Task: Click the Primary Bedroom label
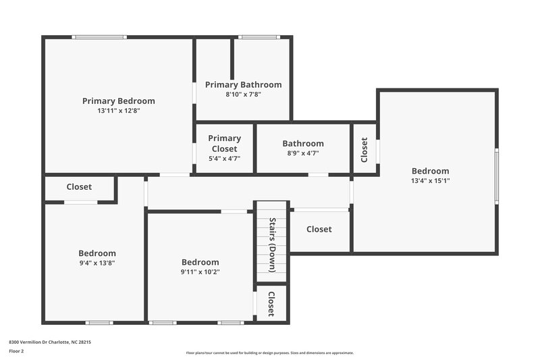118,101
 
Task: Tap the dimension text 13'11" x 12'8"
118,110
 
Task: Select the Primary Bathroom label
243,84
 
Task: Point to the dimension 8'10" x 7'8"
243,95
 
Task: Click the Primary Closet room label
224,143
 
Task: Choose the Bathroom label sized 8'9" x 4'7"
303,143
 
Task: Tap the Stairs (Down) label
272,244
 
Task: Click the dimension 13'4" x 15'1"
430,180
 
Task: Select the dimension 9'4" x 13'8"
97,263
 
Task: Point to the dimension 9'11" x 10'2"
200,272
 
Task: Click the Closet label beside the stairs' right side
319,229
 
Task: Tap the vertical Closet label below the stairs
271,304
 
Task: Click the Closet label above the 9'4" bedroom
79,186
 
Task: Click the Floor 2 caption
16,351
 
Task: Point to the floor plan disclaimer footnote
269,353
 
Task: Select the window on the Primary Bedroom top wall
99,37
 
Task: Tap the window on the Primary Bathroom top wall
260,37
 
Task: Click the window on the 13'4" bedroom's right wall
496,176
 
